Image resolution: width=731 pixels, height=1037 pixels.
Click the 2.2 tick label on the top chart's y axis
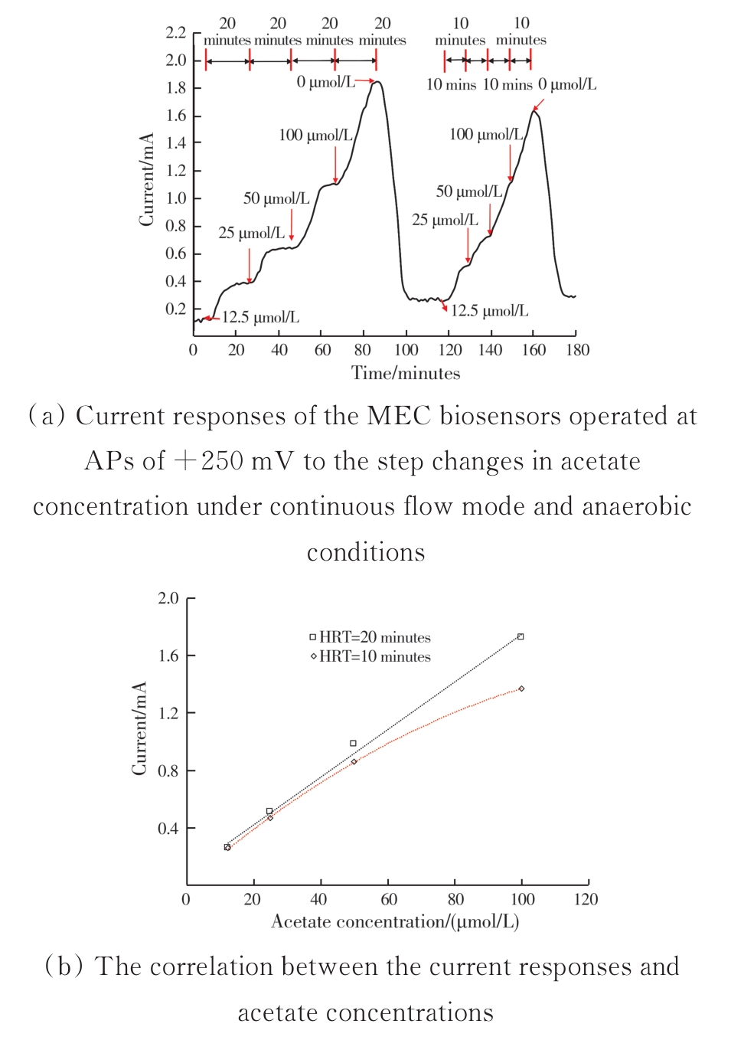click(175, 32)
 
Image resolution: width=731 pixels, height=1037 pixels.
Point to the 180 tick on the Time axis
click(577, 350)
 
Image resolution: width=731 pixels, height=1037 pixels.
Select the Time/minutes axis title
click(406, 373)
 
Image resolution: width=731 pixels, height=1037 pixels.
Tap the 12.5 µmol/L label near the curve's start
click(260, 317)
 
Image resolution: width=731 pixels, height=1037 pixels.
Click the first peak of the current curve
click(376, 82)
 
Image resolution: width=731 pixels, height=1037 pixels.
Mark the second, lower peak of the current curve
click(535, 112)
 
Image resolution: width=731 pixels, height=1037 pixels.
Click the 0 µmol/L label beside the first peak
click(326, 82)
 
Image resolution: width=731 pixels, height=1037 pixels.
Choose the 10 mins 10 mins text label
click(479, 84)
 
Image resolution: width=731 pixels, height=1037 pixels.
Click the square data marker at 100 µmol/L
click(521, 636)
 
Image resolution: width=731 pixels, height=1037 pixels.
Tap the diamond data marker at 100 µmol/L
click(521, 689)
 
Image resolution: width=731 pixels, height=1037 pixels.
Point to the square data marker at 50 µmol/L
click(353, 743)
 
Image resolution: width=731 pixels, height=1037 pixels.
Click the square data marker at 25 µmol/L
click(269, 811)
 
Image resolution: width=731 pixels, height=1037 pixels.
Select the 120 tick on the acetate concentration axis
click(586, 899)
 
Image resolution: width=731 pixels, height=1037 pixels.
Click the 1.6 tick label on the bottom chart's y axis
click(168, 656)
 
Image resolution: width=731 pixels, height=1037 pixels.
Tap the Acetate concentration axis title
click(395, 921)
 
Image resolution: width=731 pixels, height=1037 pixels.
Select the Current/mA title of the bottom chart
click(139, 728)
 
